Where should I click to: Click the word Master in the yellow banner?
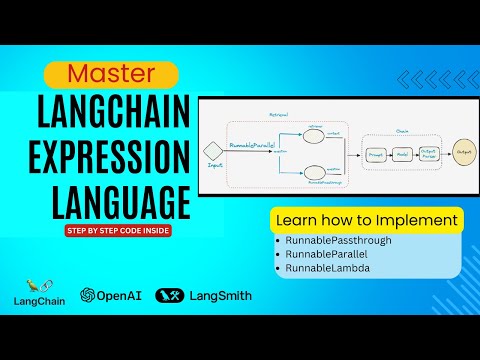[x=111, y=74]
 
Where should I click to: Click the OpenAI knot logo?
[x=89, y=296]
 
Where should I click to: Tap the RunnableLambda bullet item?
[x=326, y=271]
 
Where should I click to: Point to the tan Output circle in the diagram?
[x=462, y=154]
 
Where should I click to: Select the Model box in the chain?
[x=400, y=155]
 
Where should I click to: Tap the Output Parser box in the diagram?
[x=429, y=155]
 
